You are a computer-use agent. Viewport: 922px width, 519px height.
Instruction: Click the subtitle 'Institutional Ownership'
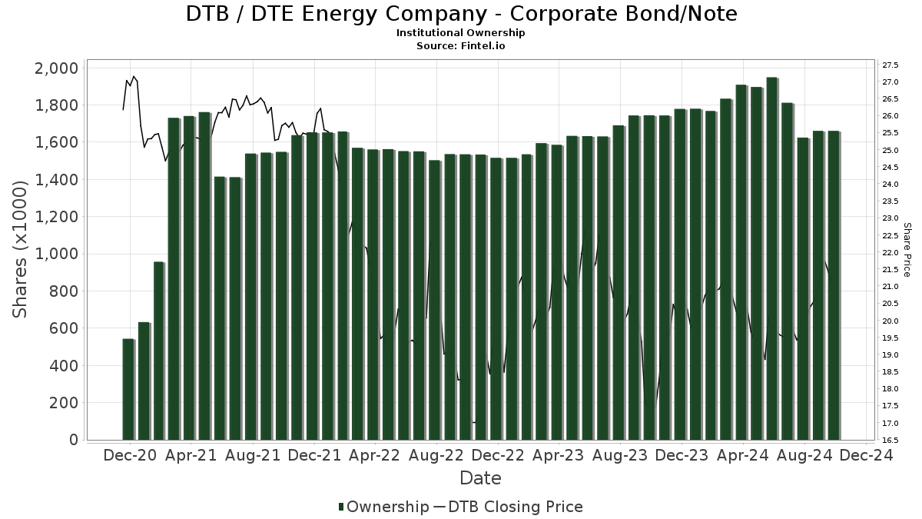point(461,33)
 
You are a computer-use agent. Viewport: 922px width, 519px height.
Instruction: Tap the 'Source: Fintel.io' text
point(461,46)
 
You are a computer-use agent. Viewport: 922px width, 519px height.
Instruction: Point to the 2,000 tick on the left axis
point(56,68)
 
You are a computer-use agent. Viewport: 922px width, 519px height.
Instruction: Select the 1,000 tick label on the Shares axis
point(56,255)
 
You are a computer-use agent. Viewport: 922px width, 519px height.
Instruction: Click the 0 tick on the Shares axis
point(73,440)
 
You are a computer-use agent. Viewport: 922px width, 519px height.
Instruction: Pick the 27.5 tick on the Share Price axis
point(891,65)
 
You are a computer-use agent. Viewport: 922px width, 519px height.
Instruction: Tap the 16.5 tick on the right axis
point(891,440)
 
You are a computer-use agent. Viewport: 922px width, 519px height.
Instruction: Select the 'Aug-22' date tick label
point(436,455)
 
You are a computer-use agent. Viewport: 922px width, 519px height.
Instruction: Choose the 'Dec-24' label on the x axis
point(867,455)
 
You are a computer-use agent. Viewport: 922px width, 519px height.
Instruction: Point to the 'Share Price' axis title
point(907,250)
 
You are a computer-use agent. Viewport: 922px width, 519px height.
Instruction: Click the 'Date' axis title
point(480,478)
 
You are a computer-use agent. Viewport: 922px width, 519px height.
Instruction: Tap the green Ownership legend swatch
point(341,507)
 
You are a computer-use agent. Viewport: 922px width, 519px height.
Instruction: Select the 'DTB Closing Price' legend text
point(515,507)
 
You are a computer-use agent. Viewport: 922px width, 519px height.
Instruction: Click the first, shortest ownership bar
point(128,389)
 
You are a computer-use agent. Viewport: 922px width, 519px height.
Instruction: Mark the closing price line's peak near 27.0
point(134,76)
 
